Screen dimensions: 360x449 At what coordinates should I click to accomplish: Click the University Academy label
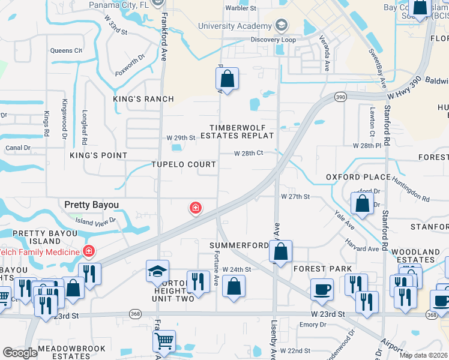coord(235,26)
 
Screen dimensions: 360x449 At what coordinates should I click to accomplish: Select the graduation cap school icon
coord(158,272)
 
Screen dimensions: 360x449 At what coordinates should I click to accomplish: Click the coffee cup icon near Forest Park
coord(322,290)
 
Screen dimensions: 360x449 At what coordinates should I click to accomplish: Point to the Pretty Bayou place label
coord(91,205)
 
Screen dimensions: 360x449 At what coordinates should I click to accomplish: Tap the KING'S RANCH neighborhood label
coord(144,99)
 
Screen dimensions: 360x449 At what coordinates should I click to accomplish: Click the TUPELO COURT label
coord(184,164)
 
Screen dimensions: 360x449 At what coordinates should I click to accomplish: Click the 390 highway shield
coord(340,97)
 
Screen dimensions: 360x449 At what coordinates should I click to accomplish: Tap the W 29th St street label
coord(181,137)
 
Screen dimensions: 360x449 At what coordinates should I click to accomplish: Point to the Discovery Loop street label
coord(273,40)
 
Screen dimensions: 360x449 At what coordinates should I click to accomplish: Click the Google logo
coord(20,352)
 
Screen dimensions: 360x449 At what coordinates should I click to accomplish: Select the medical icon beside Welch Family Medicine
coord(88,250)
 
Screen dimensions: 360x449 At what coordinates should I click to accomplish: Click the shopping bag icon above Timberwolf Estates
coord(228,79)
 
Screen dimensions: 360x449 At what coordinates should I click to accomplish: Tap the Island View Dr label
coord(95,222)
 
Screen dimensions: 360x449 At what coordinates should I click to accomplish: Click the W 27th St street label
coord(295,196)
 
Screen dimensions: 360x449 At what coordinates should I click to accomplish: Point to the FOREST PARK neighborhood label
coord(318,269)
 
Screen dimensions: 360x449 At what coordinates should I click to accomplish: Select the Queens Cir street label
coord(66,50)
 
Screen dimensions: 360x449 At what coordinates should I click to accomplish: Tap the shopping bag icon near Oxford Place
coord(362,203)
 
